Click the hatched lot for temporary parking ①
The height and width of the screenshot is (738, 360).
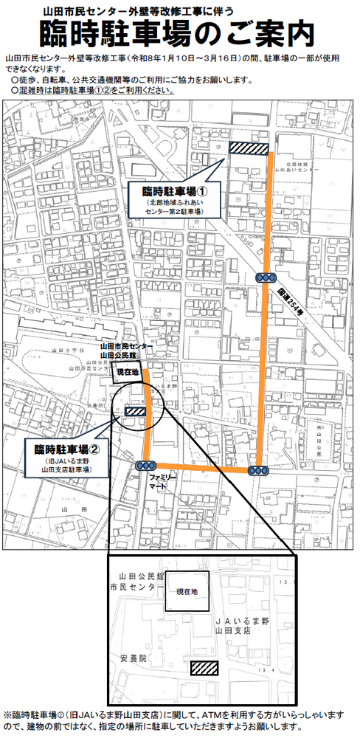click(247, 148)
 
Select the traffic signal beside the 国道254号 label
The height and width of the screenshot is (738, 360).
click(265, 277)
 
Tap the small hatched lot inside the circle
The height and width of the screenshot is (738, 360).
click(136, 412)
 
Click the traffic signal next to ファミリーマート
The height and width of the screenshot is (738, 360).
click(144, 466)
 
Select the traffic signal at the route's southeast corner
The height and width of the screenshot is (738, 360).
click(257, 471)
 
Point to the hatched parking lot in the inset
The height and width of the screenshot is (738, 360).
click(204, 668)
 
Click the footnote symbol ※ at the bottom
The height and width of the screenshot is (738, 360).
click(7, 715)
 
